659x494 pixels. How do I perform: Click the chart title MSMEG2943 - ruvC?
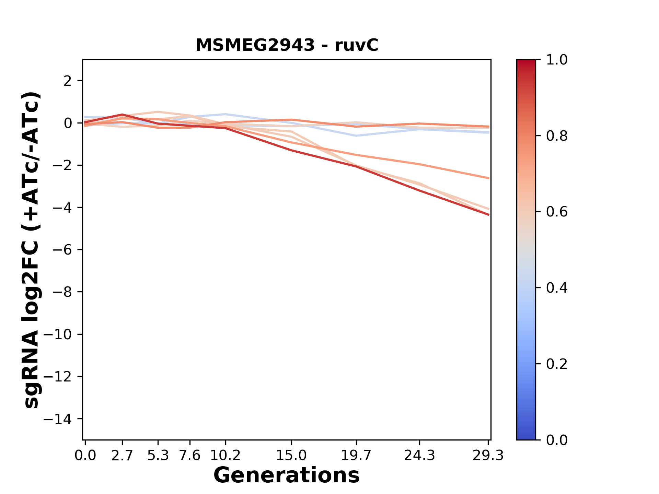[x=287, y=45]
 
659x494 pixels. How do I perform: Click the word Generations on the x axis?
[x=287, y=475]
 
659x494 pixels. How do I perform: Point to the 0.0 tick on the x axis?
[x=85, y=456]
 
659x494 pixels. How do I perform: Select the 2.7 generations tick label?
[x=122, y=456]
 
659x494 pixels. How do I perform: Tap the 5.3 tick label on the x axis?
[x=158, y=456]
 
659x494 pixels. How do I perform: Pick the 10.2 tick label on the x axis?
[x=225, y=456]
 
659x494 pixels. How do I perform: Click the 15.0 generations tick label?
[x=291, y=456]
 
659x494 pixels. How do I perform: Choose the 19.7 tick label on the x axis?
[x=356, y=456]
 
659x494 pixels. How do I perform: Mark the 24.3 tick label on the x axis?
[x=419, y=456]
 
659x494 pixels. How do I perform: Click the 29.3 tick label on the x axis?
[x=488, y=456]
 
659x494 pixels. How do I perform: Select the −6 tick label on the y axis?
[x=62, y=250]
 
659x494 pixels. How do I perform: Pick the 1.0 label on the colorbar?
[x=557, y=60]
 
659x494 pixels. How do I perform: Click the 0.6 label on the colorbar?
[x=557, y=212]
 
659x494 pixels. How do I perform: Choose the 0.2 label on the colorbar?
[x=557, y=364]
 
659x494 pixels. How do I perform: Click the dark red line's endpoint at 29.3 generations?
[x=488, y=215]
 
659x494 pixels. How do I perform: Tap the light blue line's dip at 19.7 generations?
[x=356, y=136]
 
